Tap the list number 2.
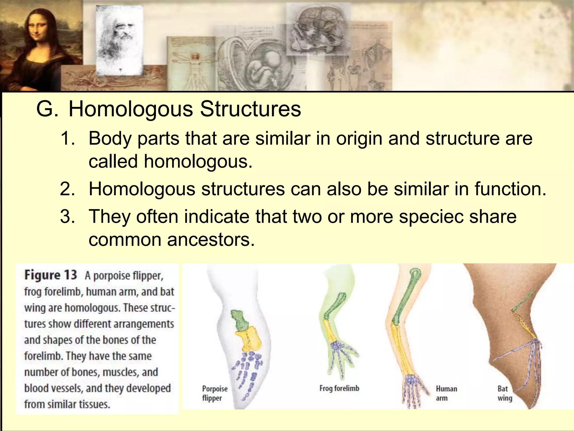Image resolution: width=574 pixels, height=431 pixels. [68, 189]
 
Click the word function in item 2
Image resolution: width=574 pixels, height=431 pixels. [507, 189]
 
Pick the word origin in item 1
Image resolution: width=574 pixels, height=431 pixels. [359, 138]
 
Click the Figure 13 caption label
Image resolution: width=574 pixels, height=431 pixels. [50, 275]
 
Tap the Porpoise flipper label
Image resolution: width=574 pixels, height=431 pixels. [215, 393]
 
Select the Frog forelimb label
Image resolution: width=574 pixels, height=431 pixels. [339, 388]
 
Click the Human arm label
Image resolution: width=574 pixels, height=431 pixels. [446, 393]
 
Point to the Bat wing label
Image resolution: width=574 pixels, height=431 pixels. [505, 393]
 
